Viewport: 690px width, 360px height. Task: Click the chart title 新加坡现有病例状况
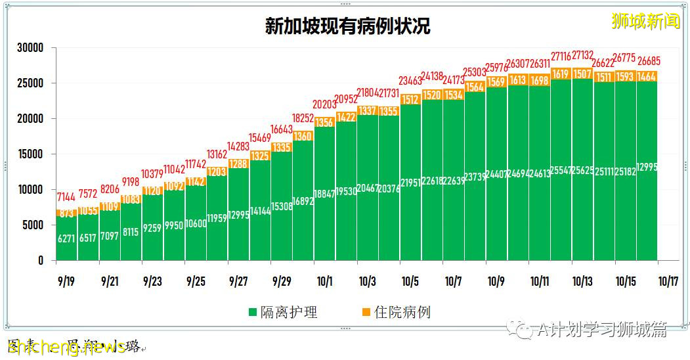[347, 26]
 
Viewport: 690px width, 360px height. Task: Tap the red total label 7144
[67, 198]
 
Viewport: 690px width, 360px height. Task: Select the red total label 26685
[647, 62]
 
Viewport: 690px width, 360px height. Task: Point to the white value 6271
[67, 240]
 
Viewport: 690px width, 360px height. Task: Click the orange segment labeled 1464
[647, 77]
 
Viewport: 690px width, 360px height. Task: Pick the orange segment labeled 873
[67, 214]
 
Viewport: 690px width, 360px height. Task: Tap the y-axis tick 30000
[30, 48]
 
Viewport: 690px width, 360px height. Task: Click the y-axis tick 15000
[30, 154]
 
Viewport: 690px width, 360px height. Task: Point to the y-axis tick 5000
[33, 225]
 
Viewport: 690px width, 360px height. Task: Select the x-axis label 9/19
[66, 281]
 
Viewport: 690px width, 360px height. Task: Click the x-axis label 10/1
[324, 281]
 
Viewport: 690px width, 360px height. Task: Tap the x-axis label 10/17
[668, 281]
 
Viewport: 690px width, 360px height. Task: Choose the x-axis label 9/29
[281, 281]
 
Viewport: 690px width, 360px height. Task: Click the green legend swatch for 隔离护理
[253, 312]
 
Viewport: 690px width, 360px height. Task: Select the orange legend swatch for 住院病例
[366, 312]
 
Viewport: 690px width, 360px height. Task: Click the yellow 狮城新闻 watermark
[645, 22]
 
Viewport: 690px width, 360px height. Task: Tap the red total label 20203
[324, 104]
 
